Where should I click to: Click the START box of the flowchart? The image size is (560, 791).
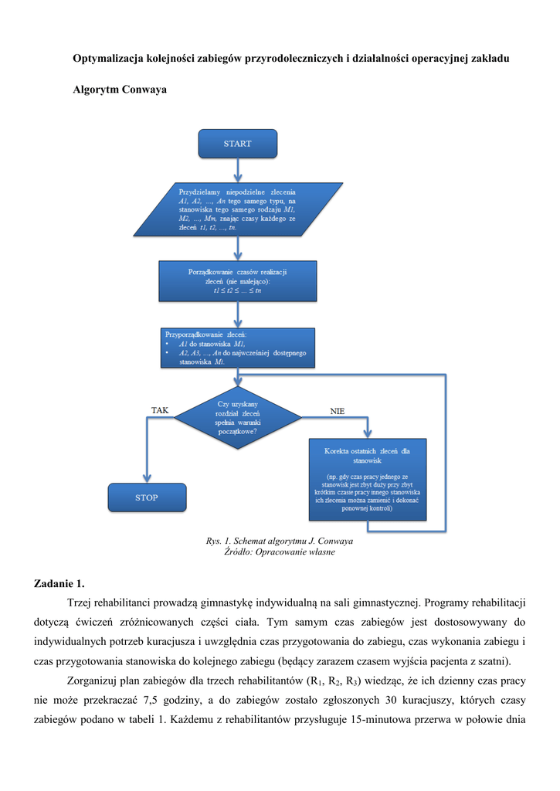[237, 144]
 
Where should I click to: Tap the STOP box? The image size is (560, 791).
[147, 497]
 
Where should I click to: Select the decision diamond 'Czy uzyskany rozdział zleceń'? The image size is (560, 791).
[237, 419]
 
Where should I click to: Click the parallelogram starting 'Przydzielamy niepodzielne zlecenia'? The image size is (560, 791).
[237, 209]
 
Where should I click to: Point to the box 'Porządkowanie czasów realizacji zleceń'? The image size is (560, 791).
[237, 280]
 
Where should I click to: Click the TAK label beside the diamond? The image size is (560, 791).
[159, 410]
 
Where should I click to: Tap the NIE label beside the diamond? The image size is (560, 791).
[337, 411]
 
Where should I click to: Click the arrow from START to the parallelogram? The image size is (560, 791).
[237, 170]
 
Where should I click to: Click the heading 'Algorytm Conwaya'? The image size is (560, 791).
[119, 90]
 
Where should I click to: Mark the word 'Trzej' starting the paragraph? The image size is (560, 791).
[81, 602]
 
